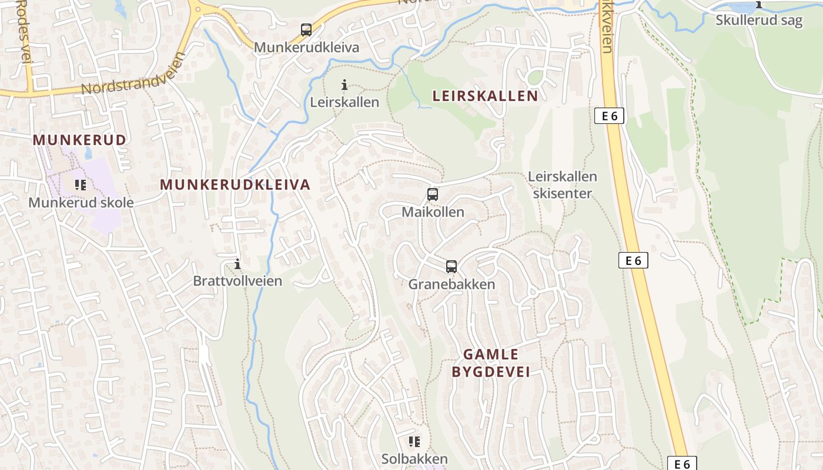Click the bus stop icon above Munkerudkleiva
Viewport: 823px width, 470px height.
306,29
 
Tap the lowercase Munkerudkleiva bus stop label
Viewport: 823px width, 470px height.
306,48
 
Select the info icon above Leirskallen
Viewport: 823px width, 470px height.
344,85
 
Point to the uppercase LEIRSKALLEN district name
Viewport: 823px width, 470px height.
485,96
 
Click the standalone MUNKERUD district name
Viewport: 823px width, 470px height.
79,140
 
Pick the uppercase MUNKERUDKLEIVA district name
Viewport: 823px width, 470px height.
235,184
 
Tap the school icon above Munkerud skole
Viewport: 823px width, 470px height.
81,186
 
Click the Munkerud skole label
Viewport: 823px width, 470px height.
81,203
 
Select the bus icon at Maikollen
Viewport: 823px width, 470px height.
433,194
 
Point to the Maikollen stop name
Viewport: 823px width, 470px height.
433,212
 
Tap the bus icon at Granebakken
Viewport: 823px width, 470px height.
451,267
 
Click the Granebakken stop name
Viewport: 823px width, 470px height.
451,284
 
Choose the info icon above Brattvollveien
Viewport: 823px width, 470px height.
237,264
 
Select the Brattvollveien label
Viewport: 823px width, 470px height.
237,281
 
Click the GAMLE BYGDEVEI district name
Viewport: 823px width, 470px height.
491,363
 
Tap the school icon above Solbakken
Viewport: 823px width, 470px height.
414,441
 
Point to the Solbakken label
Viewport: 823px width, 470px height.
414,459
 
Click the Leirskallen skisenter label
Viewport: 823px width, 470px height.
562,184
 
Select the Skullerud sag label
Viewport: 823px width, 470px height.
759,21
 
